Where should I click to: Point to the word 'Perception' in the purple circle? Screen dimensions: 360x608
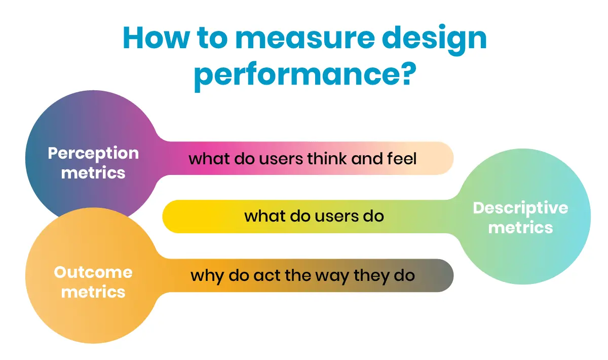click(93, 153)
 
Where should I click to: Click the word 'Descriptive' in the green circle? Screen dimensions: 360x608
click(520, 208)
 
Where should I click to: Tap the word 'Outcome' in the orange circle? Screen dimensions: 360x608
click(93, 272)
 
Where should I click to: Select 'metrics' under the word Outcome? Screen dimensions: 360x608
click(93, 292)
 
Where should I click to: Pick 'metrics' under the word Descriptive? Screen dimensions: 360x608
click(520, 228)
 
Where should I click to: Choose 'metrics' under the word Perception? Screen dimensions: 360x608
click(93, 172)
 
